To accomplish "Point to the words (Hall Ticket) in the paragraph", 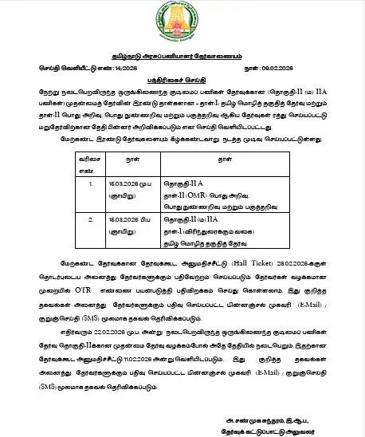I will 257,262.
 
